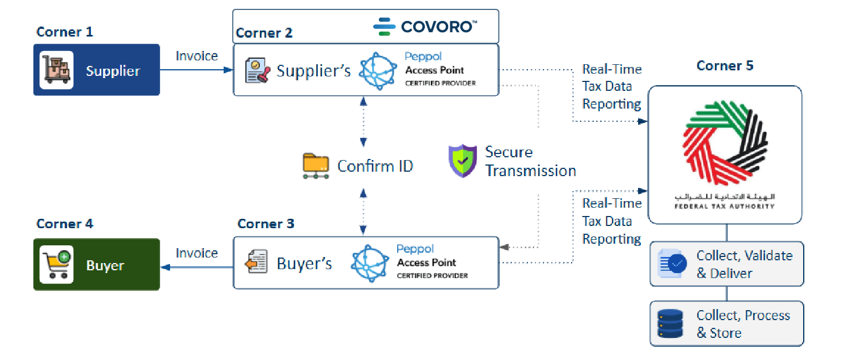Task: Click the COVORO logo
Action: [x=425, y=26]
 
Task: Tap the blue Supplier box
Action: [x=96, y=70]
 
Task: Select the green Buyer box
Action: [x=96, y=265]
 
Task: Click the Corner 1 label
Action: [x=64, y=32]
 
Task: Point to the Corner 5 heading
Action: [x=724, y=66]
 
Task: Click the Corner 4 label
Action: [x=64, y=224]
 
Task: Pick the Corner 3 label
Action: [x=266, y=224]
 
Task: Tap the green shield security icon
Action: [x=463, y=161]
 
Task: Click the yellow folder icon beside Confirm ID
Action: [x=316, y=166]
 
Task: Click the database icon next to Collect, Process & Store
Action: [x=670, y=324]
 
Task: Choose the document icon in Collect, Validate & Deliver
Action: [x=671, y=264]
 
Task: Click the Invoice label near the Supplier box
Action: [x=197, y=56]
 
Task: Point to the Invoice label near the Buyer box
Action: [x=197, y=253]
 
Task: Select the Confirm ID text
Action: [x=375, y=166]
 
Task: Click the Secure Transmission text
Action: [x=530, y=161]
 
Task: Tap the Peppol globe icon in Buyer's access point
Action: [x=370, y=263]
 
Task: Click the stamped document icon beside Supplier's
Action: [x=257, y=71]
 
